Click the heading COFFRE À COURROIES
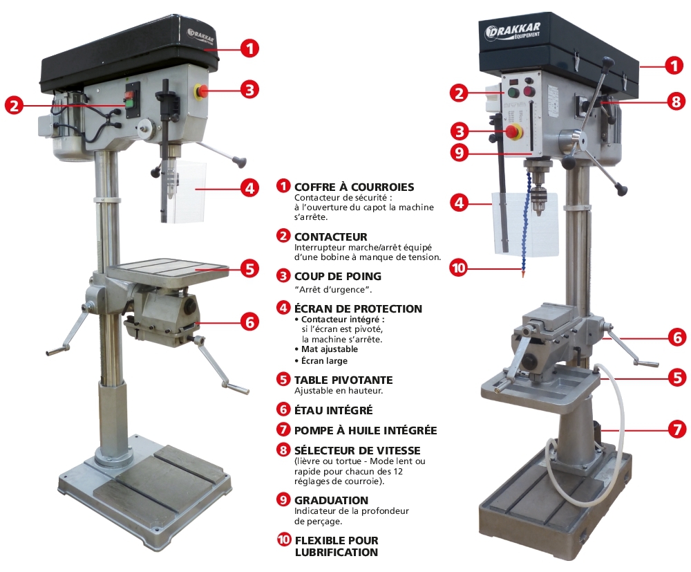pos(354,187)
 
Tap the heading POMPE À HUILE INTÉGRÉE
pos(366,430)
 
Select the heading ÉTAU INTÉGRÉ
pos(334,410)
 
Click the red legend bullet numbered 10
pos(284,539)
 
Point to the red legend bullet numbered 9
pos(283,499)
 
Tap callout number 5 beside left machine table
pos(249,268)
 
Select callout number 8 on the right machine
pos(676,101)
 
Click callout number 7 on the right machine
pos(677,429)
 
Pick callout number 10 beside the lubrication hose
pos(459,268)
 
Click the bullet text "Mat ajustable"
pos(329,349)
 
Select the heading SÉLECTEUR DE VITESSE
pos(357,450)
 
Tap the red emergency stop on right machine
pos(513,131)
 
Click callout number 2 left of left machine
pos(14,105)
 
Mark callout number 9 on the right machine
pos(460,153)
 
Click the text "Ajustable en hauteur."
pos(339,391)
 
